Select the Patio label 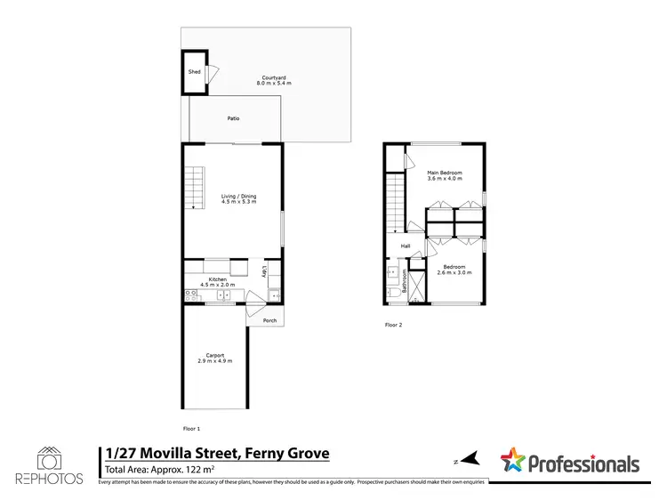tap(233, 118)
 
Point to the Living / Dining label tap(238, 198)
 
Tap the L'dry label tap(264, 272)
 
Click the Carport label tap(213, 358)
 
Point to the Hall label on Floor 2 tap(406, 246)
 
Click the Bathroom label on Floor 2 tap(405, 282)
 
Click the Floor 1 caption tap(191, 428)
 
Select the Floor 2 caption tap(393, 325)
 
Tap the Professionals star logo tap(512, 461)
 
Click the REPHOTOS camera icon tap(50, 459)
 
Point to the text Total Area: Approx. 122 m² tap(160, 469)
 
